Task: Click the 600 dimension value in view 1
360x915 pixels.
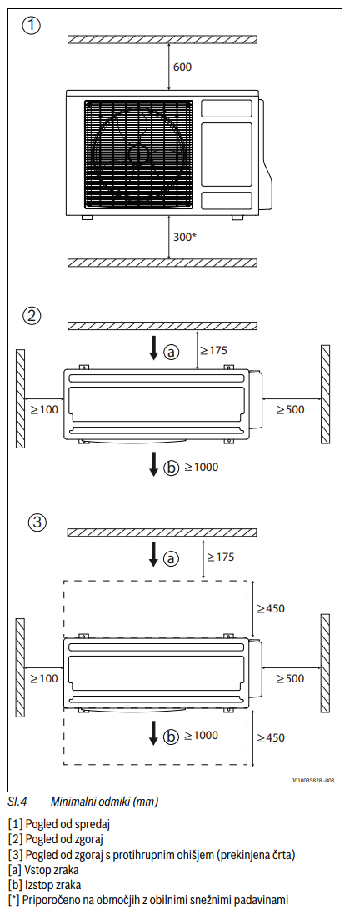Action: coord(182,67)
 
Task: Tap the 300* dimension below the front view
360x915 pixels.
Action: coord(185,237)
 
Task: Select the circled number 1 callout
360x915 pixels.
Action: coord(32,27)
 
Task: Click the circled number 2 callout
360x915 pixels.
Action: coord(32,316)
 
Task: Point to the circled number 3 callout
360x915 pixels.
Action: coord(37,522)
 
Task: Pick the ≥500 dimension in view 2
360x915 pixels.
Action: coord(291,410)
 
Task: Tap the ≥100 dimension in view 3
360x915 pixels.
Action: coord(44,678)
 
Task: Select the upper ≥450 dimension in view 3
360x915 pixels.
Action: coord(272,609)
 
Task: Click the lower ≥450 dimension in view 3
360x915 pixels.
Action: coord(272,738)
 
